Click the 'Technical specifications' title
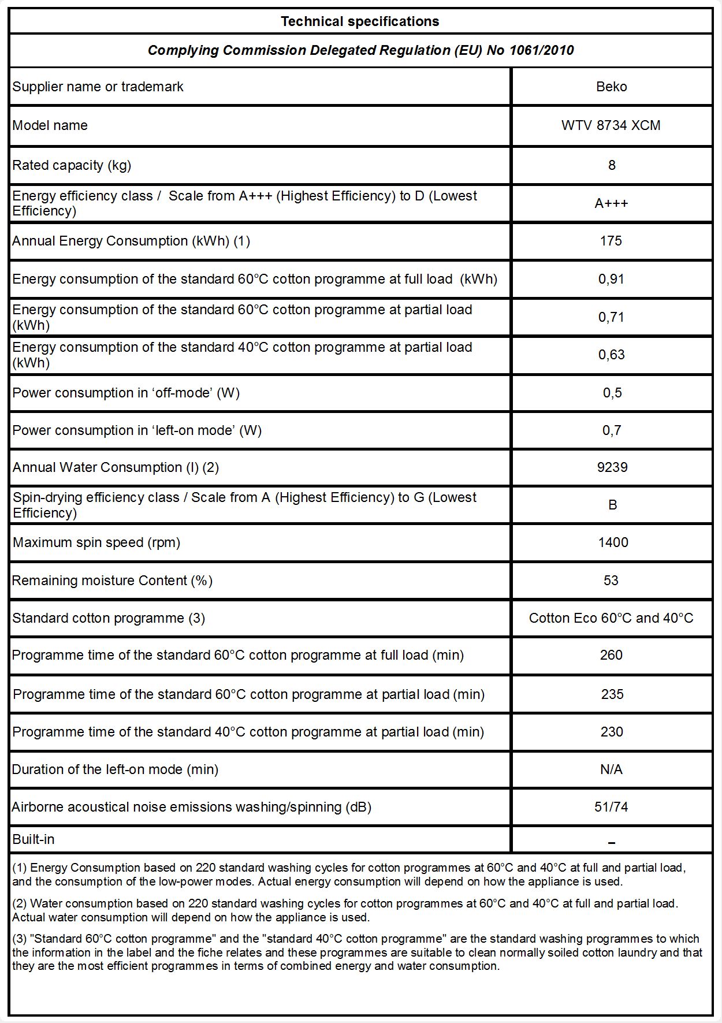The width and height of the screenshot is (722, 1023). (x=360, y=21)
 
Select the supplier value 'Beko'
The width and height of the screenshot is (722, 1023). (x=611, y=87)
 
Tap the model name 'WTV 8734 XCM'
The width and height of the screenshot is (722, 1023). (x=611, y=125)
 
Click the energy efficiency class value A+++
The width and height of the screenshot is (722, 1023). (x=611, y=203)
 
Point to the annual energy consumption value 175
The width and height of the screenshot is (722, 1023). (x=611, y=241)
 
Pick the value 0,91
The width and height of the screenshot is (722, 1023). (x=611, y=279)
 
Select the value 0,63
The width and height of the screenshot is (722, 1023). (x=611, y=355)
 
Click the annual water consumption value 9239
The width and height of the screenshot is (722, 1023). (x=612, y=467)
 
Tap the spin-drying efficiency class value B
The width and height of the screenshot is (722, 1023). (x=612, y=505)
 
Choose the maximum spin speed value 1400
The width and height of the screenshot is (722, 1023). (x=613, y=542)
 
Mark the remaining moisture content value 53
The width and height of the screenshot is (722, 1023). (x=611, y=581)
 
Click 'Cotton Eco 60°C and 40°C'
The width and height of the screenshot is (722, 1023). (x=611, y=618)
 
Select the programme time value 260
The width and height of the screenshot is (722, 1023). (x=611, y=655)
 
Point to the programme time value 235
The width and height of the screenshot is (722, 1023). (x=612, y=694)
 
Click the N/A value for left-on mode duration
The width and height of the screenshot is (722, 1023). (x=611, y=769)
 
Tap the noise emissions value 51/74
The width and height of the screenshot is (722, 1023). (x=611, y=807)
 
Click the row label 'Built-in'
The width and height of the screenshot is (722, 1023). (x=34, y=839)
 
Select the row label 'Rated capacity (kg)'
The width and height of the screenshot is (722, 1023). (x=72, y=165)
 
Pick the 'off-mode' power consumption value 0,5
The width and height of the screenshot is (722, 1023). (x=612, y=393)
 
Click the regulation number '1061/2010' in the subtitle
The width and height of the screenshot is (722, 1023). (x=541, y=50)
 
